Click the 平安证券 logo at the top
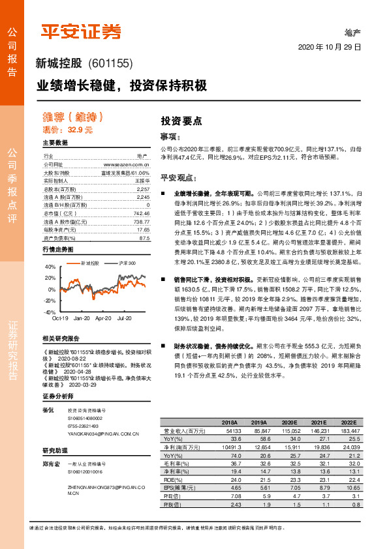80,31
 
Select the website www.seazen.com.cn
129,165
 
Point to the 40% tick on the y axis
50,267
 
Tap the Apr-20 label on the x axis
103,318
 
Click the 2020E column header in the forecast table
289,422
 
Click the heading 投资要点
181,121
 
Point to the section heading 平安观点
179,177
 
